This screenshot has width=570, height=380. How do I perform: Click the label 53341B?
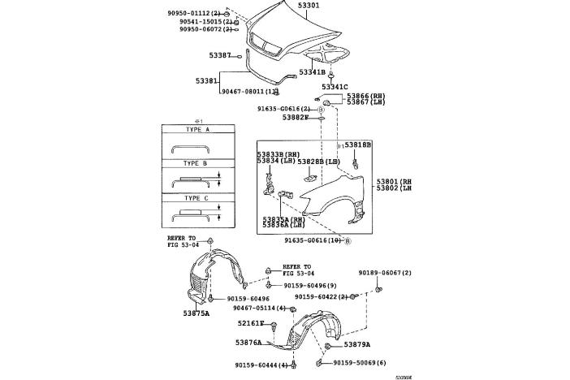coord(311,72)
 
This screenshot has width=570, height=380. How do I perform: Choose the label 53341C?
coord(334,87)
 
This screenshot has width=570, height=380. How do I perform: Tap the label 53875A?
coord(196,313)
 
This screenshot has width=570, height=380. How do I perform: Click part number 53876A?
coord(249,343)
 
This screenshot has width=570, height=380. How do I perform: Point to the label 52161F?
coord(251,323)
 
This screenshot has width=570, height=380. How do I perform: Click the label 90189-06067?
coord(385,273)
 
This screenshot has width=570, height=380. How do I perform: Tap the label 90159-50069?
coord(357,363)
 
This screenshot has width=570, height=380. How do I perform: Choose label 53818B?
coord(357,145)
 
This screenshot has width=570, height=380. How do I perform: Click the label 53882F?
coord(296,117)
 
